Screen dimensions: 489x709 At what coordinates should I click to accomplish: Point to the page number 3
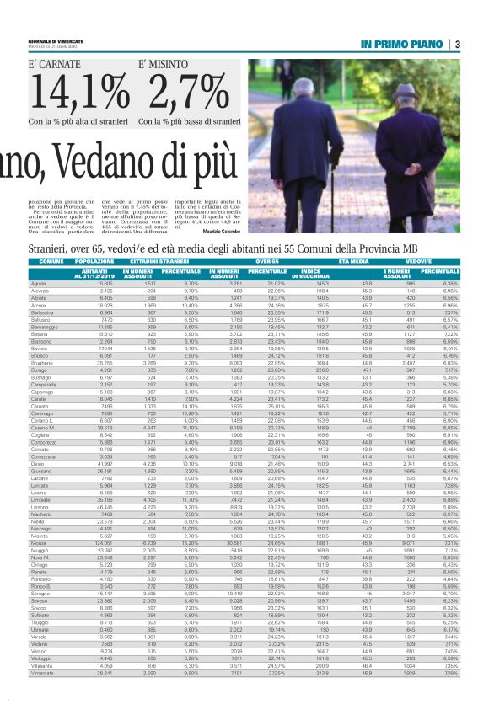457,44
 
